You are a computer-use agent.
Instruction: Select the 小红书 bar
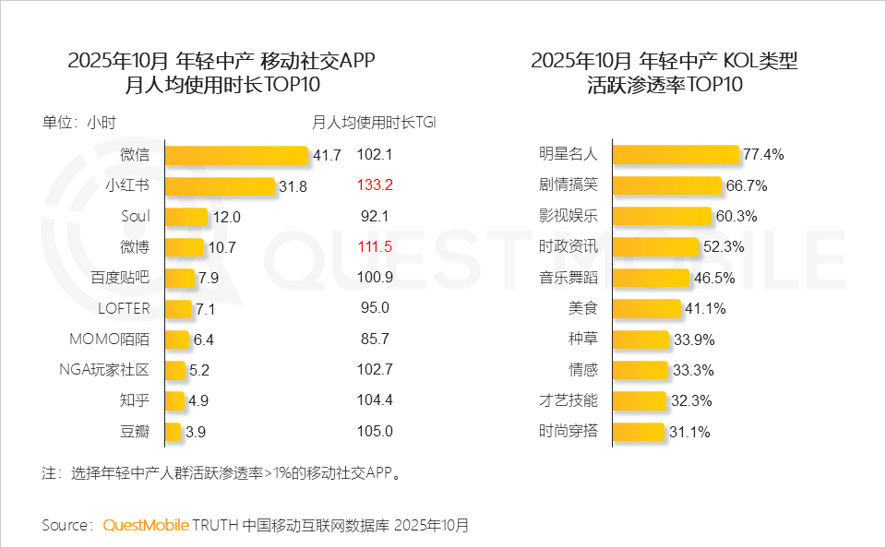220,185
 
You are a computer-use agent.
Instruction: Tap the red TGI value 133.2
375,185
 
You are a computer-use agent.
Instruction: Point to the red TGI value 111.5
375,247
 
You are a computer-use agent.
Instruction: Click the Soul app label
136,216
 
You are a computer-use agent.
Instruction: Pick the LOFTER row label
124,308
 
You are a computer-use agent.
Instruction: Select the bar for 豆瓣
172,432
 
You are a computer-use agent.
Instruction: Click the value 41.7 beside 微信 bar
327,155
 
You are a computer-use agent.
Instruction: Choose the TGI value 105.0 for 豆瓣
375,432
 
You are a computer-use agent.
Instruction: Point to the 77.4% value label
763,155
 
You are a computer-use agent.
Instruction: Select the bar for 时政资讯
655,246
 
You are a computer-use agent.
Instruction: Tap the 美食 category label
583,308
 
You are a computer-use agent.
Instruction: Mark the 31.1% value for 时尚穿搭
688,431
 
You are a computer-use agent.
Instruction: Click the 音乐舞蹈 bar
651,277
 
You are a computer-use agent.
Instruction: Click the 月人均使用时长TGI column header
374,122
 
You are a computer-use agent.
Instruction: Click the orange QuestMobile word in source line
145,525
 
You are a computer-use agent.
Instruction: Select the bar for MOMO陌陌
177,340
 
